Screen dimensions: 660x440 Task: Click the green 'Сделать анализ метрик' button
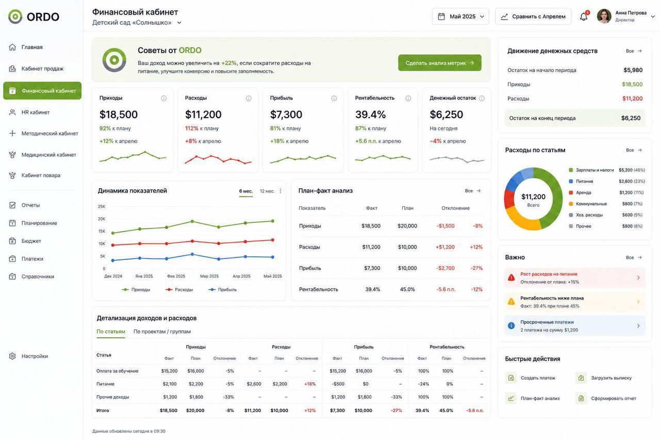coord(440,63)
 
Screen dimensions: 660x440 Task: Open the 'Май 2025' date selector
coord(460,17)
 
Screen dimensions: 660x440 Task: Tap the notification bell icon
coord(583,17)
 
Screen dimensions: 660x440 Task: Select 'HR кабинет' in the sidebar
coord(36,112)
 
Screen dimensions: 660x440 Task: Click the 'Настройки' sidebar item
coord(35,356)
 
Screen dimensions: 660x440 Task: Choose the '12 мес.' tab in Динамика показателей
coord(267,191)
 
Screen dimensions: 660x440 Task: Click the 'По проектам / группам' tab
coord(162,332)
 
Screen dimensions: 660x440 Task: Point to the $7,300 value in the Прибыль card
coord(286,115)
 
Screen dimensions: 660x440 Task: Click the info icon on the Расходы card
coord(249,98)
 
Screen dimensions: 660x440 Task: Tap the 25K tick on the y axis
coord(102,206)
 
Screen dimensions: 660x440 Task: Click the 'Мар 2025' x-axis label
coord(209,276)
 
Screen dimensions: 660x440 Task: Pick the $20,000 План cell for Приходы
coord(407,226)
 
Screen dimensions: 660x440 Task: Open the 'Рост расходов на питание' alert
coord(574,278)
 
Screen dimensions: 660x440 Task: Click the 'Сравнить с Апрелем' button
coord(533,17)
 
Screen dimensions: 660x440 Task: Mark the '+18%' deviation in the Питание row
coord(310,384)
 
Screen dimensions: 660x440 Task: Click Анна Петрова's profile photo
coord(604,16)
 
